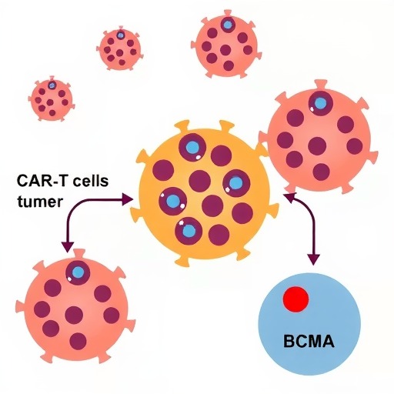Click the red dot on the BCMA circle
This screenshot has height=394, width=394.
(x=295, y=299)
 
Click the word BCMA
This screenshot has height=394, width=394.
(x=309, y=342)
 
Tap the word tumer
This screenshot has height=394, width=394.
(x=40, y=202)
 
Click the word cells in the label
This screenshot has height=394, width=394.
(x=91, y=180)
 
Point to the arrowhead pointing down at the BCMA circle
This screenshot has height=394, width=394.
(x=313, y=259)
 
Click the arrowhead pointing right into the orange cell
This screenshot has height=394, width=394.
(x=128, y=199)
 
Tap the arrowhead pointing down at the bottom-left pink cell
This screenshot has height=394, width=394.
(x=68, y=247)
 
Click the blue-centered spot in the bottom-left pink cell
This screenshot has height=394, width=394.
(x=78, y=272)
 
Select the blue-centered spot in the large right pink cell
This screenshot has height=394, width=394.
(x=320, y=104)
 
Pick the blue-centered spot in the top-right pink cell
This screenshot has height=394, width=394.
(x=227, y=25)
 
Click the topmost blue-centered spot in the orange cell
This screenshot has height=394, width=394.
(x=192, y=148)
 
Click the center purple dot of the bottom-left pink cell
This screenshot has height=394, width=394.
(x=74, y=315)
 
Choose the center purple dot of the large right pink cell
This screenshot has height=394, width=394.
(x=317, y=146)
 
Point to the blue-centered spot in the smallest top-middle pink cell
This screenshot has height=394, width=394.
(x=120, y=35)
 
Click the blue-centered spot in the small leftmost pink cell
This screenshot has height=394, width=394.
(x=52, y=85)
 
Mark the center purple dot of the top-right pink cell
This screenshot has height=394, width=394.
(x=225, y=50)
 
